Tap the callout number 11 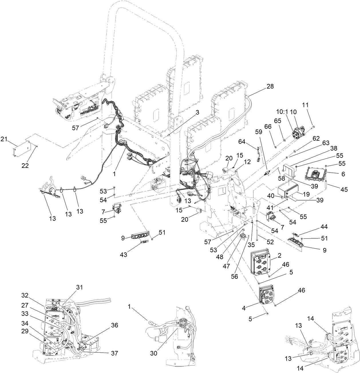(305, 105)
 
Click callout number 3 (197, 113)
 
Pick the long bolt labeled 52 (258, 232)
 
